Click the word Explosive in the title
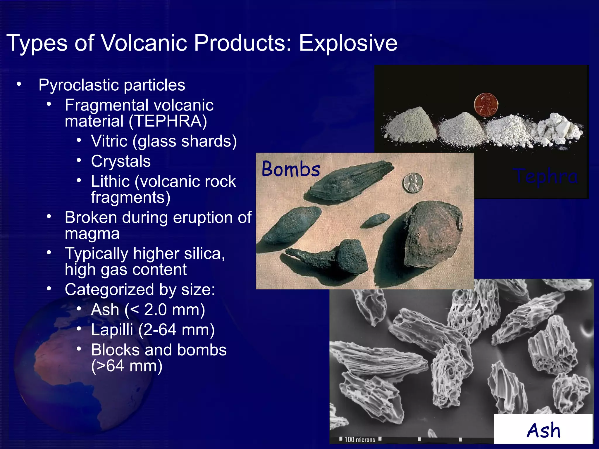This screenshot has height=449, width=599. [348, 43]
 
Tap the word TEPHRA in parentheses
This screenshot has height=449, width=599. [168, 121]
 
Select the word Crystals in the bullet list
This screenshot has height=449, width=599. [121, 161]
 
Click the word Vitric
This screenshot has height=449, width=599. [109, 141]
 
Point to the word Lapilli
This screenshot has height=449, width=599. [112, 330]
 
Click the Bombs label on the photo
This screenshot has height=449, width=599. [291, 169]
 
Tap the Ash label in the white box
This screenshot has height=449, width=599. [543, 430]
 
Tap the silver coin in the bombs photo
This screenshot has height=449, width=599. [413, 183]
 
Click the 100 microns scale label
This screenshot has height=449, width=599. [359, 440]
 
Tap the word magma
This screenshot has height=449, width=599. [92, 234]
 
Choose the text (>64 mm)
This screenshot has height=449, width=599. [127, 366]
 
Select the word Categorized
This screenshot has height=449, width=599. [109, 290]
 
